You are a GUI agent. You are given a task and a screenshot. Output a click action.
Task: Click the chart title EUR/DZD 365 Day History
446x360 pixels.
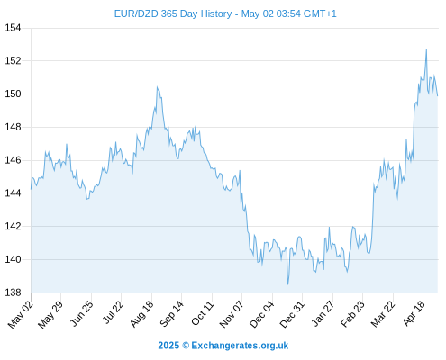[x=173, y=13]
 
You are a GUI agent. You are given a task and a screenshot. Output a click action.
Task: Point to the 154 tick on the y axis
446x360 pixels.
[x=13, y=28]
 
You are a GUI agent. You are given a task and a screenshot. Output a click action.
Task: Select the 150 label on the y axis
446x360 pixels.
[x=13, y=94]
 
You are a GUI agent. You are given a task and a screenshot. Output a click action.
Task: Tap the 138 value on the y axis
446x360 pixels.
[x=13, y=292]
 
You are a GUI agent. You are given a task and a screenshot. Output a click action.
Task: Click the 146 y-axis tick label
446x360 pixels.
[x=13, y=160]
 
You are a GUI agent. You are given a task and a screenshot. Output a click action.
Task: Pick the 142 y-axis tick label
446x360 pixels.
[x=13, y=226]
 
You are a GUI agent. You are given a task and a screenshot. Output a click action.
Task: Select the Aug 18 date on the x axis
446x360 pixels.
[x=141, y=313]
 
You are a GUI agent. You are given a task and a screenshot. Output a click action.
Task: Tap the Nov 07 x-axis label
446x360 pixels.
[x=232, y=314]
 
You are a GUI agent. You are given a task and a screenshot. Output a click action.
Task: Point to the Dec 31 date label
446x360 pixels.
[x=292, y=314]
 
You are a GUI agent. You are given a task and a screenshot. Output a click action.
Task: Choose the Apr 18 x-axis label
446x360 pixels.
[x=414, y=313]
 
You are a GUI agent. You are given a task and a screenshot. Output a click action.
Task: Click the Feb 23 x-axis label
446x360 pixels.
[x=353, y=314]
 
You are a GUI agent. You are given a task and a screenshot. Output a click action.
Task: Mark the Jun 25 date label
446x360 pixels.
[x=81, y=313]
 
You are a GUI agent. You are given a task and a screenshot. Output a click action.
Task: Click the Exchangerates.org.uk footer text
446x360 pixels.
[x=240, y=346]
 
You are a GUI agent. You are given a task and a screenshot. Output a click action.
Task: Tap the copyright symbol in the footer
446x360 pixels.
[x=186, y=346]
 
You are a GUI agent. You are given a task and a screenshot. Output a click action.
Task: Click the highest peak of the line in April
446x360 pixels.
[x=426, y=49]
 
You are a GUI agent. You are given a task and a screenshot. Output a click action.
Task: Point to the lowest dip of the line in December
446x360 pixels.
[x=287, y=284]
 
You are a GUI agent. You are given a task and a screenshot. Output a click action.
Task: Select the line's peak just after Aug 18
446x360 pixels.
[x=157, y=87]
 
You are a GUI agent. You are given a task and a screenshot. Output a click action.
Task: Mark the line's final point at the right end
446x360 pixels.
[x=438, y=95]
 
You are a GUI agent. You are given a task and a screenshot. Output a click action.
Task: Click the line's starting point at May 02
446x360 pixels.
[x=31, y=189]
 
